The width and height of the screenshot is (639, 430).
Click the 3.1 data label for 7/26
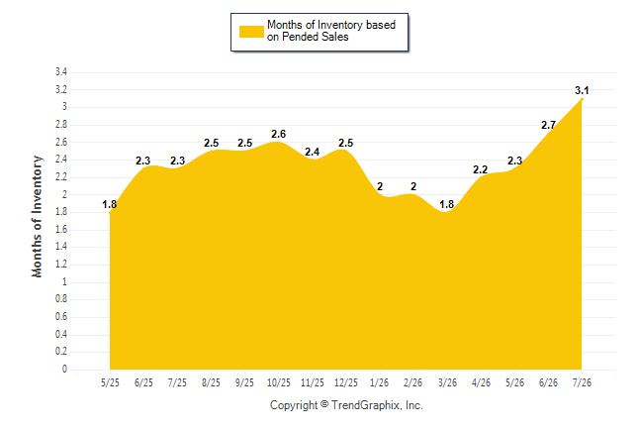click(582, 90)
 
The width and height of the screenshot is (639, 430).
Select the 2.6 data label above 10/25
click(278, 134)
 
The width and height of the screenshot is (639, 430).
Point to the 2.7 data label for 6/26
click(548, 125)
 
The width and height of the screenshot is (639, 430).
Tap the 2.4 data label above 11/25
click(313, 152)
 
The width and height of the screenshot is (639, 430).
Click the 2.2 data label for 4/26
click(481, 169)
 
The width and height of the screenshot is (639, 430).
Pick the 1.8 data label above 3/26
click(447, 204)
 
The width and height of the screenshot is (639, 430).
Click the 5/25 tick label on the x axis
click(110, 382)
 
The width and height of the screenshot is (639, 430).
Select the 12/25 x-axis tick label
click(346, 382)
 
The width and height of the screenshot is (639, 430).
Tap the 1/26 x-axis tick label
click(380, 382)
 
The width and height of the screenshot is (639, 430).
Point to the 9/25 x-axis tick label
click(244, 382)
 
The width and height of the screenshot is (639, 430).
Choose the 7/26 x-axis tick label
click(582, 382)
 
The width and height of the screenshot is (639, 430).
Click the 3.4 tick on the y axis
click(61, 72)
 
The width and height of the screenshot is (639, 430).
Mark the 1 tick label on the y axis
click(64, 281)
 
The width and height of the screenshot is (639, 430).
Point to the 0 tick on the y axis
click(64, 370)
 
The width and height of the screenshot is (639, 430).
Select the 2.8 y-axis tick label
click(61, 124)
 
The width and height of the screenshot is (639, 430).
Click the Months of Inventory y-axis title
click(37, 216)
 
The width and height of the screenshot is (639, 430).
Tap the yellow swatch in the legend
click(251, 32)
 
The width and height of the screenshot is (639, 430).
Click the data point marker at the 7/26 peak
click(582, 99)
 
